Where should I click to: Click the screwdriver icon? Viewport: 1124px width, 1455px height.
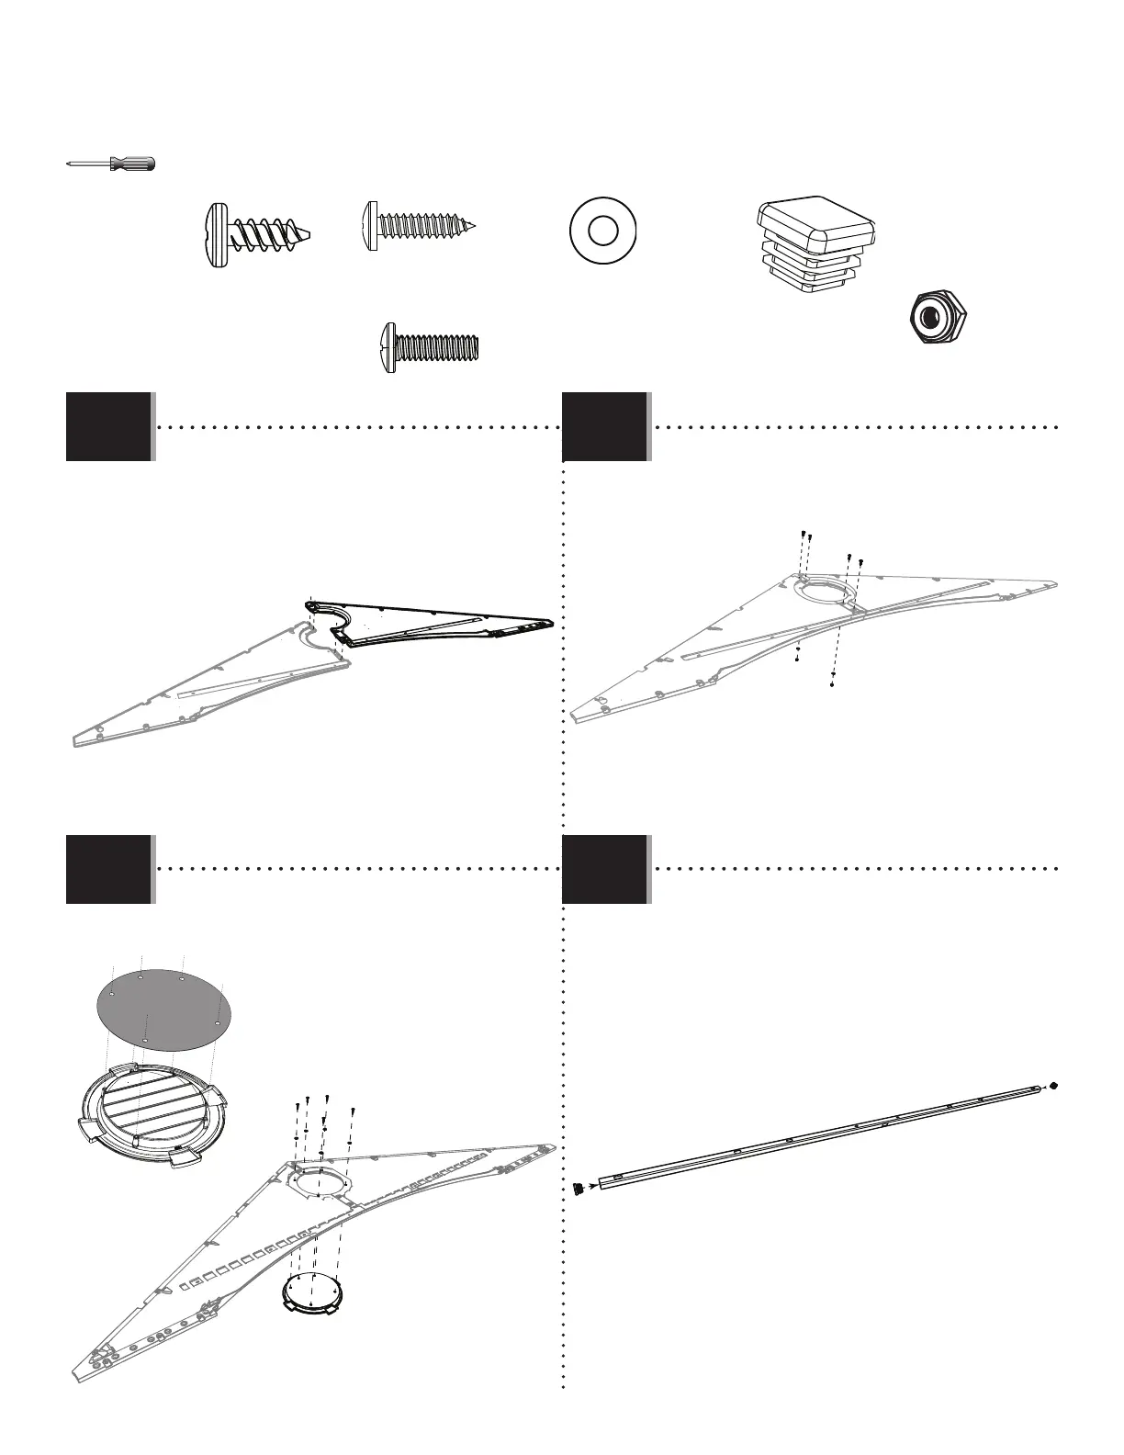tap(111, 164)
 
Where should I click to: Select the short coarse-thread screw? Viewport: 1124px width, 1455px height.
tap(260, 234)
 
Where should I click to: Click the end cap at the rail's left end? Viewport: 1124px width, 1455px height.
tap(578, 1189)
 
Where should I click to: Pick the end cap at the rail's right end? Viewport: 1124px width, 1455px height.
tap(1054, 1085)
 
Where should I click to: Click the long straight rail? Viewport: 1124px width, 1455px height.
tap(817, 1134)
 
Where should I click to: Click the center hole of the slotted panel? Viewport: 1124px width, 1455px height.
tap(314, 1179)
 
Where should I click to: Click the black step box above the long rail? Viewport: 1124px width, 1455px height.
tap(605, 868)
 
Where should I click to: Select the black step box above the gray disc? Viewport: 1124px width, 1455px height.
tap(108, 868)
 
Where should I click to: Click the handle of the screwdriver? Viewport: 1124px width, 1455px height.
tap(134, 164)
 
